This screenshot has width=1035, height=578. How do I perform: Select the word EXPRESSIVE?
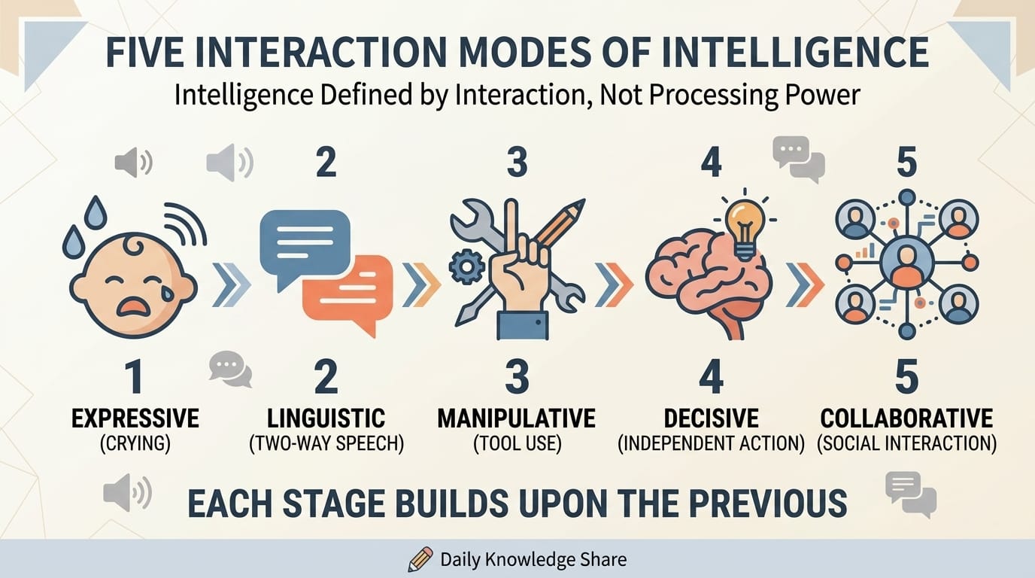135,418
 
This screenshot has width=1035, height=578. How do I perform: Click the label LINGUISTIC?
326,418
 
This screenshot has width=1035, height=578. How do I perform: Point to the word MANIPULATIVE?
516,418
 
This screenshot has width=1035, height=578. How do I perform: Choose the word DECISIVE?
711,418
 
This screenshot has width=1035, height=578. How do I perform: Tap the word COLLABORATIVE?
906,418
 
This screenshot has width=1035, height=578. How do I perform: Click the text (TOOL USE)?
517,444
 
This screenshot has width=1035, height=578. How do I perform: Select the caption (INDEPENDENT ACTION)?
711,444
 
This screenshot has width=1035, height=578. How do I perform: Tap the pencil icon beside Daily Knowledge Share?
420,559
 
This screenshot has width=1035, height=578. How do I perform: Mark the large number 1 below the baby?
135,377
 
